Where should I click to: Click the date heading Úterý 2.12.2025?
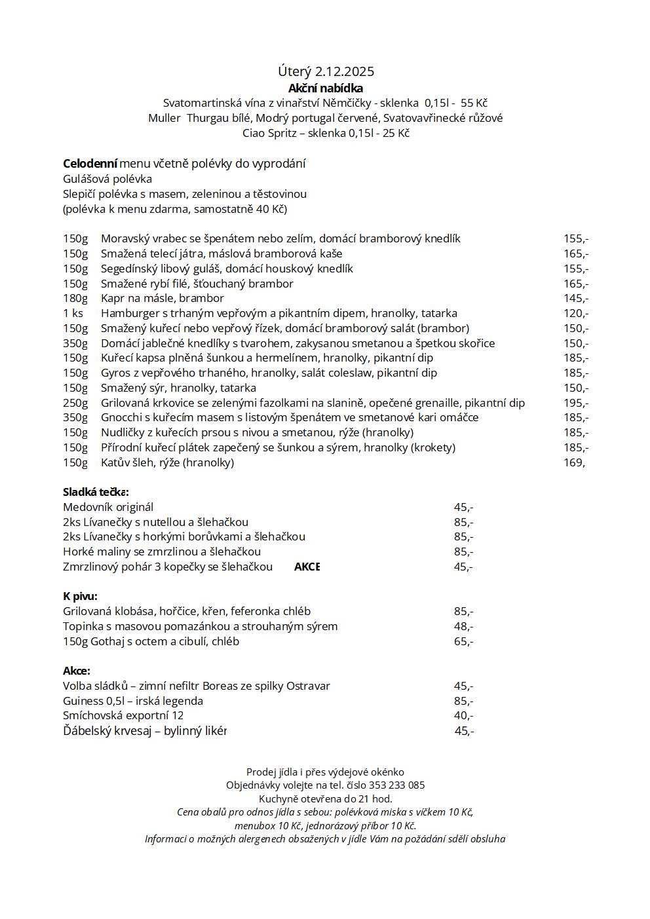[326, 71]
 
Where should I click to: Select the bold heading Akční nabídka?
[326, 88]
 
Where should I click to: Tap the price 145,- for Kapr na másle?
[576, 298]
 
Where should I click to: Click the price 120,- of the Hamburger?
[576, 313]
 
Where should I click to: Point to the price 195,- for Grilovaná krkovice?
[576, 403]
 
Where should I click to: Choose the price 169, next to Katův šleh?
[575, 462]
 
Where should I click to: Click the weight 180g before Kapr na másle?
[75, 298]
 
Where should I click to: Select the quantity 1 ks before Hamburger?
[73, 313]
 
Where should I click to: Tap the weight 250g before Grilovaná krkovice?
[75, 403]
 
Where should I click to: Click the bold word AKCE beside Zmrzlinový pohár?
[307, 567]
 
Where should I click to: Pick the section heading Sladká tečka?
[96, 492]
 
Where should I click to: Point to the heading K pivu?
[80, 596]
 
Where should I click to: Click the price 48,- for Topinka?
[463, 626]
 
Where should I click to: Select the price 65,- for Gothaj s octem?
[463, 641]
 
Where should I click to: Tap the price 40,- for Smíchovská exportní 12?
[463, 715]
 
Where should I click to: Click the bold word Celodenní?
[90, 163]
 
